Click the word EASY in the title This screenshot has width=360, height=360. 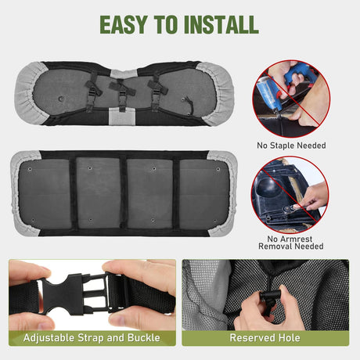(x=124, y=25)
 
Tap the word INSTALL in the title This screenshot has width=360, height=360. (x=221, y=25)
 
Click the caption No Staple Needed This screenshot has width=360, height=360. (x=291, y=146)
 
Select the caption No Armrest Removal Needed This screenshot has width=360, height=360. (x=291, y=243)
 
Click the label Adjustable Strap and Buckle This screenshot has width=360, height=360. (x=92, y=337)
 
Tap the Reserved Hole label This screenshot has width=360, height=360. (x=265, y=337)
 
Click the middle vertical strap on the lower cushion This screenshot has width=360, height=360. (x=124, y=193)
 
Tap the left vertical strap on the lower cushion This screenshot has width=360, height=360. (x=74, y=193)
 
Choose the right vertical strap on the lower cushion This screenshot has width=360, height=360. (x=176, y=193)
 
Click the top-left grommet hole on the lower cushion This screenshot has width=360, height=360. (x=30, y=169)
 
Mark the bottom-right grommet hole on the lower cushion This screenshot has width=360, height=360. (x=214, y=221)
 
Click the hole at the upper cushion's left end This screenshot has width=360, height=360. (x=61, y=99)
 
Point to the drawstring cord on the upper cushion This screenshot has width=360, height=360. (x=190, y=106)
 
